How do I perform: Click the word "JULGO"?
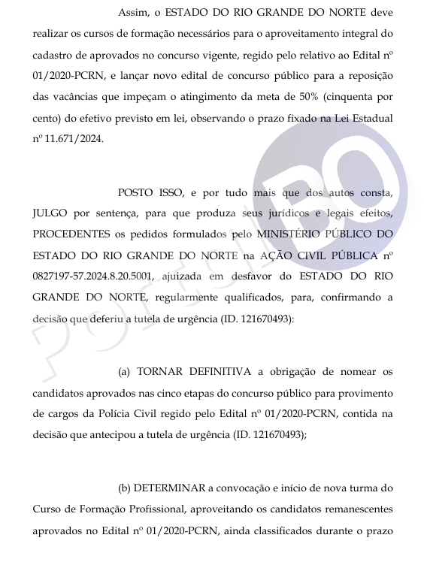tap(51, 213)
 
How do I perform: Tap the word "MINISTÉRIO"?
tap(285, 235)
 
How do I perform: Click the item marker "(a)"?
tap(126, 371)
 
